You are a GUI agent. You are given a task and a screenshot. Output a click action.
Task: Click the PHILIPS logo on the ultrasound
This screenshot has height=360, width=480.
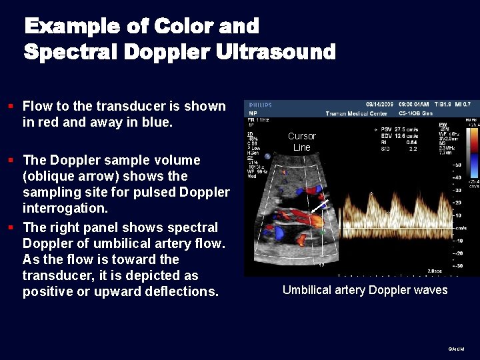(260, 105)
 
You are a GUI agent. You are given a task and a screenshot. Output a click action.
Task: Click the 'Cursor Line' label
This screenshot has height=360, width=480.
(301, 141)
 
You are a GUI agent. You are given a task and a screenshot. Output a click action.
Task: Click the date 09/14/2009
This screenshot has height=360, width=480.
(379, 105)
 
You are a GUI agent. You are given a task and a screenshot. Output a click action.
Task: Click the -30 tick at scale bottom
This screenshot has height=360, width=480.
(457, 266)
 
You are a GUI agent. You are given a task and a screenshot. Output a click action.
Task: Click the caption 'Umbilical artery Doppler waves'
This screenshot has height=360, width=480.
(365, 290)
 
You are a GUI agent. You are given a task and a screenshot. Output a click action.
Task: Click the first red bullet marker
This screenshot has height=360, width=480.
(11, 106)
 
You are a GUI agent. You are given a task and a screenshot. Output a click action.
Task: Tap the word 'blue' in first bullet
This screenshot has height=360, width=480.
(157, 123)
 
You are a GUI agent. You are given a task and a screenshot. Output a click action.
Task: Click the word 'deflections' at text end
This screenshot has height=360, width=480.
(183, 292)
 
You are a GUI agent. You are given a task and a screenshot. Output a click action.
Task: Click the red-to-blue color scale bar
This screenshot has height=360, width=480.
(474, 157)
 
